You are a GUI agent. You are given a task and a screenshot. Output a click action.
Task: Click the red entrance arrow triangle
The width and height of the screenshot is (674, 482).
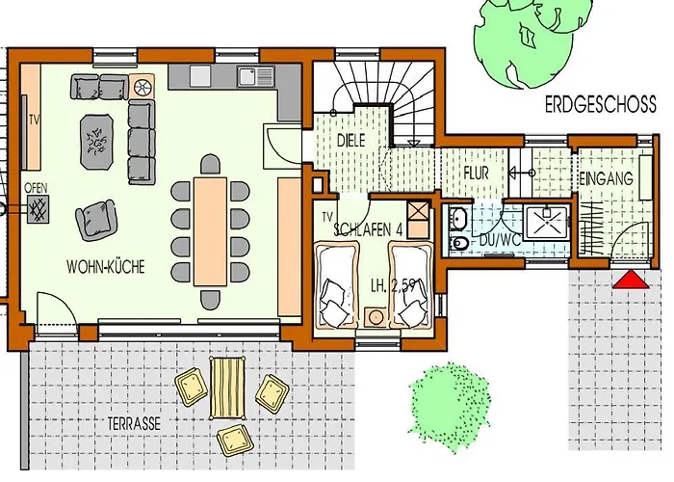point(631,280)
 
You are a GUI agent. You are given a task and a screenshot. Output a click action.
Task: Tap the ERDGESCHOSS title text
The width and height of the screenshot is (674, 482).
point(601,104)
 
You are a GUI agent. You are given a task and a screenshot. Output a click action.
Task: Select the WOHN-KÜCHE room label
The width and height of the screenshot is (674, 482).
point(106,266)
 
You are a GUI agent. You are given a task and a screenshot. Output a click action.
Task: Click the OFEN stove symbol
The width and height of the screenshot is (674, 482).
point(38,209)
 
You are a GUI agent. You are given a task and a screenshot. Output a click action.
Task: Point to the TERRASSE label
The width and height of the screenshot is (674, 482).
point(134,423)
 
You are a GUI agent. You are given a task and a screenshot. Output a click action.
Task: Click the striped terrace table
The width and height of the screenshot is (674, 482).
point(227,388)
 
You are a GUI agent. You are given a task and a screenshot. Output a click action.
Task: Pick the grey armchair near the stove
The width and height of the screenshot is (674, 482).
point(96,220)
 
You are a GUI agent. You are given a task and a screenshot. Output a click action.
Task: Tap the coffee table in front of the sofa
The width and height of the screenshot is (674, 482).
point(97,143)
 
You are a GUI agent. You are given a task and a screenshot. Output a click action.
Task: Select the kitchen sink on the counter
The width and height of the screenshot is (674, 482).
point(255,76)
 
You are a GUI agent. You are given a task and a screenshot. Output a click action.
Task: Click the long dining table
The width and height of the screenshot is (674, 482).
point(210,231)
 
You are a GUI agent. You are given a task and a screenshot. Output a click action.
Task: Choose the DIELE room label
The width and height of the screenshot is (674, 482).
point(350,141)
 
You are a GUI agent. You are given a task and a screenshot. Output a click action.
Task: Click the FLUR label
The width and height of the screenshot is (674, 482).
point(477,173)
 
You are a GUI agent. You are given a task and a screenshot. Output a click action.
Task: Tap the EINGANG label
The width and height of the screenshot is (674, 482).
point(606,178)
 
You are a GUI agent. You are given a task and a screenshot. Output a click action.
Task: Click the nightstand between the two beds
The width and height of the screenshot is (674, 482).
point(376,317)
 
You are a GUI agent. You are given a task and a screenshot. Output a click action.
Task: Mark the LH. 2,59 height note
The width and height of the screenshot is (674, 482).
point(393,285)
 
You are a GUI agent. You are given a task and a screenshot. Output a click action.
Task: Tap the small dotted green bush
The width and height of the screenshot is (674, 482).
point(450,406)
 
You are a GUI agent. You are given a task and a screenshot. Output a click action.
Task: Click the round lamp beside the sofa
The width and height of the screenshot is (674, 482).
point(142,88)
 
